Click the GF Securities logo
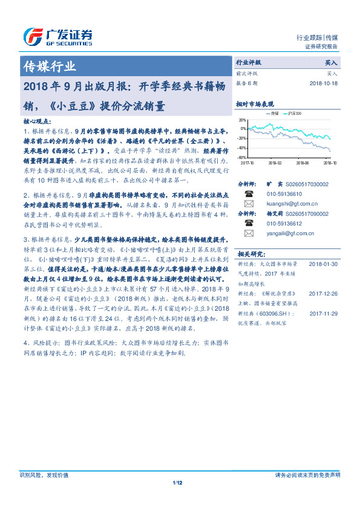coord(57,37)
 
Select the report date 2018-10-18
coord(324,83)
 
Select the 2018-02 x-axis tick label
coord(275,162)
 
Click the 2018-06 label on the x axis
coord(303,162)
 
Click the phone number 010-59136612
coord(284,223)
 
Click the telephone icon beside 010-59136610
coord(248,194)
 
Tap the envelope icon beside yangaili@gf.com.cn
coord(248,233)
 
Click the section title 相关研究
coord(249,253)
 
